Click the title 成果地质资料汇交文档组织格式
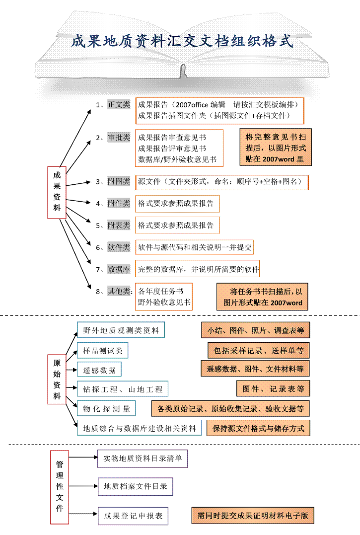tap(182, 40)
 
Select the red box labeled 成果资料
tap(57, 192)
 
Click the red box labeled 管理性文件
tap(60, 487)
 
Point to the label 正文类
tap(119, 104)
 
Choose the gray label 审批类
tap(119, 138)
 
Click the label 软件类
tap(119, 247)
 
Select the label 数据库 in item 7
tap(119, 269)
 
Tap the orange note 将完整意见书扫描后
tap(275, 148)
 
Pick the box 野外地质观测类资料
tap(121, 330)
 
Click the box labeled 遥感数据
tap(99, 370)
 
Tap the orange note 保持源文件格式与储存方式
tap(258, 428)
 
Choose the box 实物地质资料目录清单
tap(143, 459)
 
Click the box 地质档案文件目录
tap(136, 486)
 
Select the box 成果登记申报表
tap(133, 516)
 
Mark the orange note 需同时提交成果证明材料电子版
tap(253, 516)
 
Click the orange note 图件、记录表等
tap(273, 388)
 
